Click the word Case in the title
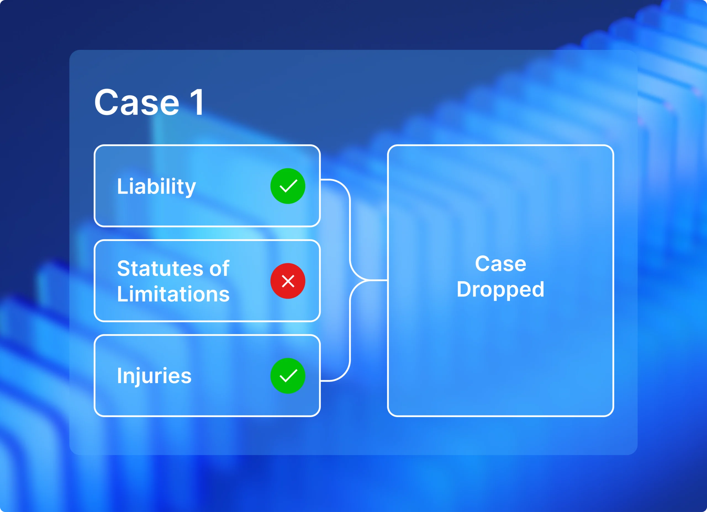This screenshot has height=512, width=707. [x=137, y=102]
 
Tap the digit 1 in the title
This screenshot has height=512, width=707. [x=197, y=102]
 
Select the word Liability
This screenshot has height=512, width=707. [x=157, y=187]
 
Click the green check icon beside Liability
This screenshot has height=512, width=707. [x=288, y=186]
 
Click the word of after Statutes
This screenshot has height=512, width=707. [x=220, y=268]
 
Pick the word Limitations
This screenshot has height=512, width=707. [x=173, y=294]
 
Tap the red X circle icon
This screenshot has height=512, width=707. [x=288, y=281]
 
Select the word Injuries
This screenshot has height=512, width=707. [x=154, y=376]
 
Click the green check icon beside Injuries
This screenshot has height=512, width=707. [x=288, y=376]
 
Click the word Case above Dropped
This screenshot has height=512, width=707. [x=501, y=264]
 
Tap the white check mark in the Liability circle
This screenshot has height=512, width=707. [x=288, y=186]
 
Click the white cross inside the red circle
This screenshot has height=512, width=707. [x=288, y=281]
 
